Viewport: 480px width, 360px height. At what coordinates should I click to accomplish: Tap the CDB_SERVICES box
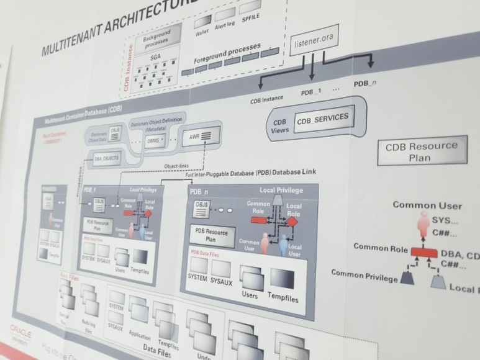[x=322, y=118]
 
